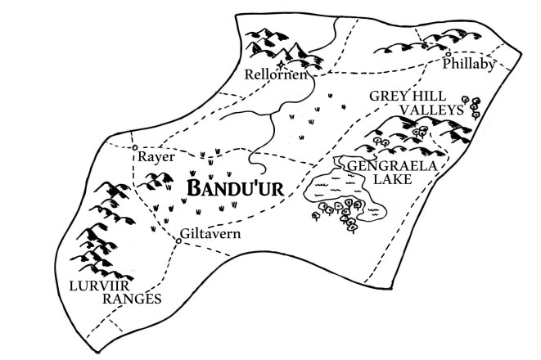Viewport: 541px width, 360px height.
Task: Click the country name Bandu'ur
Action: point(236,187)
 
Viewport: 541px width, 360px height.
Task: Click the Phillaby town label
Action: point(470,65)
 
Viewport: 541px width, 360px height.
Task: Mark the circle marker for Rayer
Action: point(134,147)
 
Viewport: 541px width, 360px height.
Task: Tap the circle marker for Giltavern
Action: point(178,241)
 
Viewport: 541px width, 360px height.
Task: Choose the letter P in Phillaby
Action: point(448,65)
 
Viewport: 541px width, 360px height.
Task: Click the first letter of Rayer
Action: point(142,155)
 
